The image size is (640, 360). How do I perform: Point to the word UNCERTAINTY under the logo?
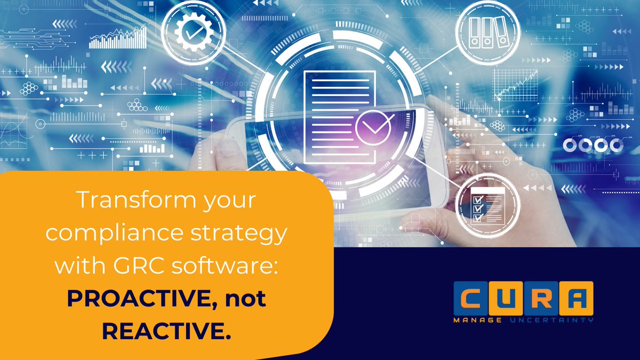(x=550, y=320)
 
